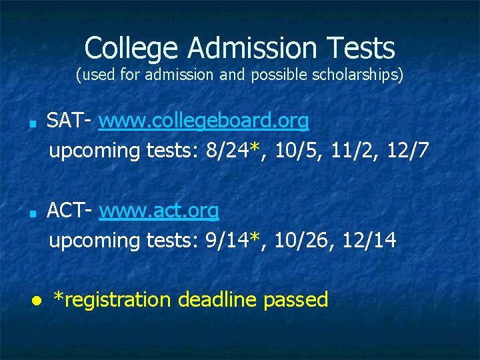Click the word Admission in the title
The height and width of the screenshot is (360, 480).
[x=251, y=48]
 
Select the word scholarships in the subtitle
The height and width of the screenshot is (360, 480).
[x=361, y=75]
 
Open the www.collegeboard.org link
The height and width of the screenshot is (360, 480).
[x=204, y=121]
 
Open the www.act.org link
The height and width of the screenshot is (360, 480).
[x=159, y=211]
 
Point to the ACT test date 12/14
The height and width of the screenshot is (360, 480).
[x=369, y=241]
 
